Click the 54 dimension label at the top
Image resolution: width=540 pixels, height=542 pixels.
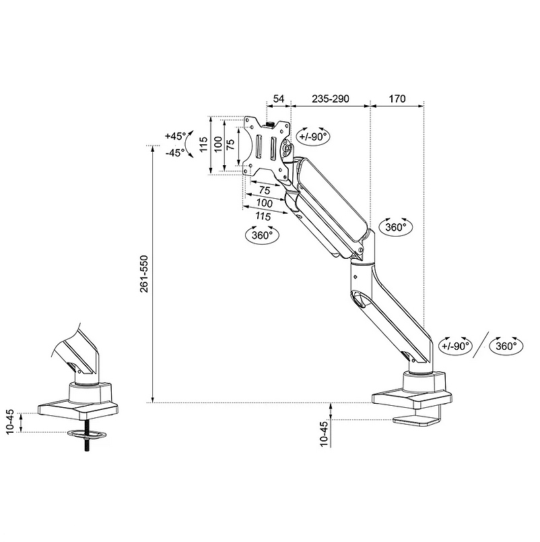pyautogui.click(x=278, y=98)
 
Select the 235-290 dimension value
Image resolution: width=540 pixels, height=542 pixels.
pyautogui.click(x=331, y=98)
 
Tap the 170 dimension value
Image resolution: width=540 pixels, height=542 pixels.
pyautogui.click(x=397, y=98)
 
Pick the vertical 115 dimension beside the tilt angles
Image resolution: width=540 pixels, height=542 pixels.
pyautogui.click(x=203, y=144)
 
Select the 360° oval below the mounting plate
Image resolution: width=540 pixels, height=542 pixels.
pyautogui.click(x=261, y=235)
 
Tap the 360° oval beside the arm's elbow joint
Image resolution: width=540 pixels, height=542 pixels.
pyautogui.click(x=395, y=227)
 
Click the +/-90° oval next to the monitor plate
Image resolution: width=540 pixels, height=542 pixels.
pyautogui.click(x=313, y=135)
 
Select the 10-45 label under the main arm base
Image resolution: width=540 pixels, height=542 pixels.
pyautogui.click(x=324, y=431)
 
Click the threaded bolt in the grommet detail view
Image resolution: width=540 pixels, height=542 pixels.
pyautogui.click(x=88, y=443)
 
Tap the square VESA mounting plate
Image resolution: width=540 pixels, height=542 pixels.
pyautogui.click(x=267, y=146)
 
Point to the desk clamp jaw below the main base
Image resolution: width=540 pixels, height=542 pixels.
pyautogui.click(x=415, y=421)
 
